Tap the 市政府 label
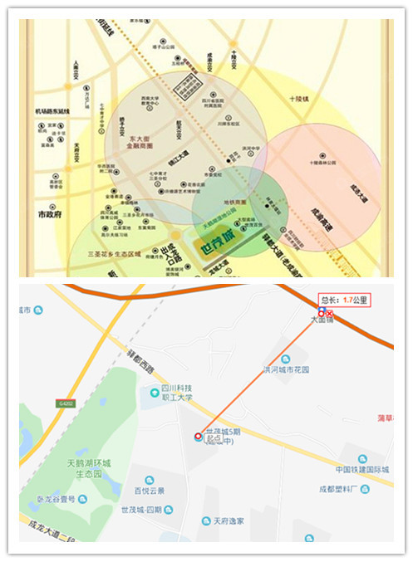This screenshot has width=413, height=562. click(x=52, y=214)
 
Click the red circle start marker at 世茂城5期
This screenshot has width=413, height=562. click(x=197, y=435)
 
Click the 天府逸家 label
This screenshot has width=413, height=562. click(x=222, y=520)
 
